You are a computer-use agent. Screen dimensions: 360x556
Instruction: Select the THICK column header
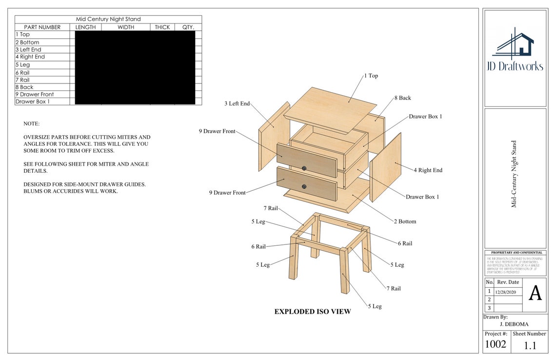tap(162, 27)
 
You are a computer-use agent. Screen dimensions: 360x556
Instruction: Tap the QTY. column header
tap(188, 27)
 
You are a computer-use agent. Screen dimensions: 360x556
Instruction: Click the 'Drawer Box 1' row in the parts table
tap(33, 101)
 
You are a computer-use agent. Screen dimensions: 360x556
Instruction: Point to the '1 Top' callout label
tap(371, 76)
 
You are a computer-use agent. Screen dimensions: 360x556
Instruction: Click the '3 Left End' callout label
tap(237, 103)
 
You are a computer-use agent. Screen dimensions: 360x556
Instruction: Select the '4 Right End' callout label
tap(428, 170)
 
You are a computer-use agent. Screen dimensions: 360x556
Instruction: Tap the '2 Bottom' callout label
tap(405, 221)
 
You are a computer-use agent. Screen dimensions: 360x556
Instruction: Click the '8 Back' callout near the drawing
tap(402, 98)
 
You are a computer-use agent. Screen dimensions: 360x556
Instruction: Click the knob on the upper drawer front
tap(304, 168)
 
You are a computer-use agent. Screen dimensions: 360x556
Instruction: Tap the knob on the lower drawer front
tap(304, 186)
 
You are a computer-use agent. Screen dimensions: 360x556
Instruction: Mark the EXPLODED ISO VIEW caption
tap(312, 312)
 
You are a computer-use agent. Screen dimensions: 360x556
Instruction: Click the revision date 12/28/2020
tap(506, 292)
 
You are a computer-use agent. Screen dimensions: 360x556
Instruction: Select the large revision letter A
tap(535, 293)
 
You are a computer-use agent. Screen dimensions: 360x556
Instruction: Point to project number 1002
tap(495, 344)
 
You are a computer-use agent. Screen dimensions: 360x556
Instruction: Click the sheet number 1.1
tap(530, 346)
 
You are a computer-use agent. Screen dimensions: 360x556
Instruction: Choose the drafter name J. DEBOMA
tap(514, 324)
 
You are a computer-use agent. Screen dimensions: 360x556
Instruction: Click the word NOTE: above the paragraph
tap(32, 124)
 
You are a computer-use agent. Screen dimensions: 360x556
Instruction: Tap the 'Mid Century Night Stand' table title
tap(108, 20)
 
